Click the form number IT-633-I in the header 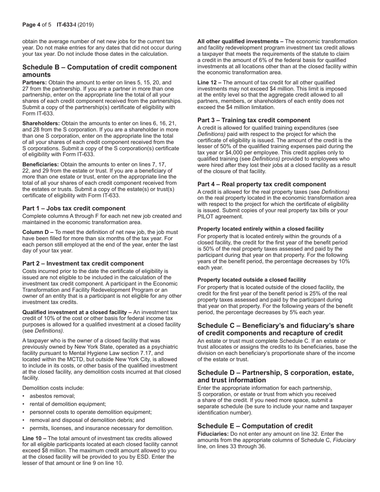coord(66,25)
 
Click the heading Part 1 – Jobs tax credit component coord(74,208)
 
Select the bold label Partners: coord(34,82)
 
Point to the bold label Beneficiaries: coord(40,164)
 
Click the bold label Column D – coord(38,232)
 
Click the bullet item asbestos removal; coord(52,396)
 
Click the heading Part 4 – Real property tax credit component coord(262,184)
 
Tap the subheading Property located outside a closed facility coord(252,280)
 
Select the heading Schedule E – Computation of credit coord(255,426)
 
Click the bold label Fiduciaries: coord(213,434)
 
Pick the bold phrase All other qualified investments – coord(240,42)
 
